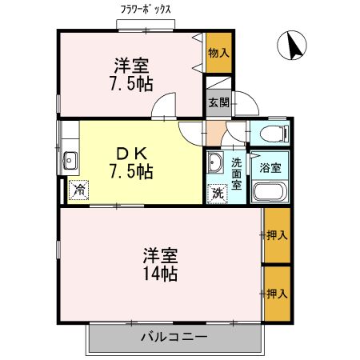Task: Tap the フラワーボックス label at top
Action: coord(146,10)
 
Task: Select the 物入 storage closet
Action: coord(218,54)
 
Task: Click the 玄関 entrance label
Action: coord(218,102)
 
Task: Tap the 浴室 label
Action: coord(270,167)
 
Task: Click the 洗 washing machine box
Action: coord(217,192)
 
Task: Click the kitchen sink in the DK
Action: coord(69,160)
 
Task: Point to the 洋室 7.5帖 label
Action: coord(130,74)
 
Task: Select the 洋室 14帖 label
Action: coord(160,265)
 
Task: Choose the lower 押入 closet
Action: coord(276,294)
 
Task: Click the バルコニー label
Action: coord(175,337)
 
